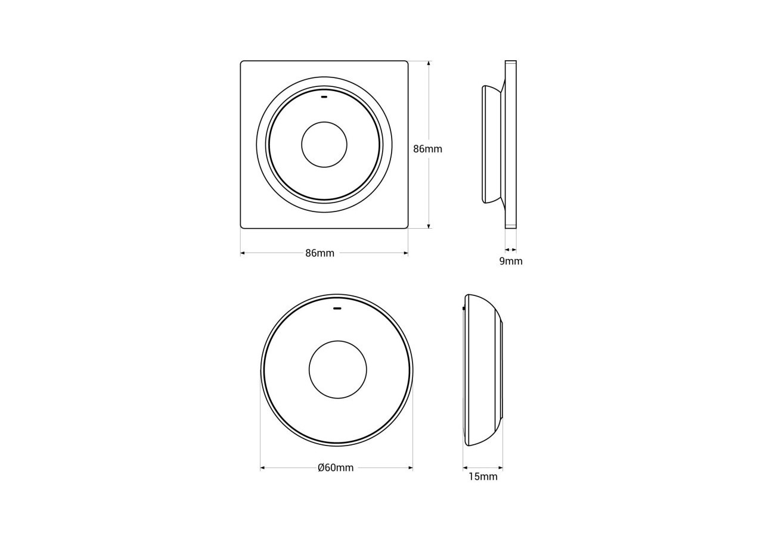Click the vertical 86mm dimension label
point(427,149)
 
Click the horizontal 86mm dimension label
point(320,253)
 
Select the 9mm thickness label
point(511,261)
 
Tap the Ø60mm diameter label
point(336,468)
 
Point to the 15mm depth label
point(483,477)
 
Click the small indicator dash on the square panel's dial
point(324,97)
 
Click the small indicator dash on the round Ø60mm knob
point(337,308)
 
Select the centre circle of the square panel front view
point(324,145)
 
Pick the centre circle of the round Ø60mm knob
point(338,370)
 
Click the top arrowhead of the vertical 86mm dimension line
point(429,63)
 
